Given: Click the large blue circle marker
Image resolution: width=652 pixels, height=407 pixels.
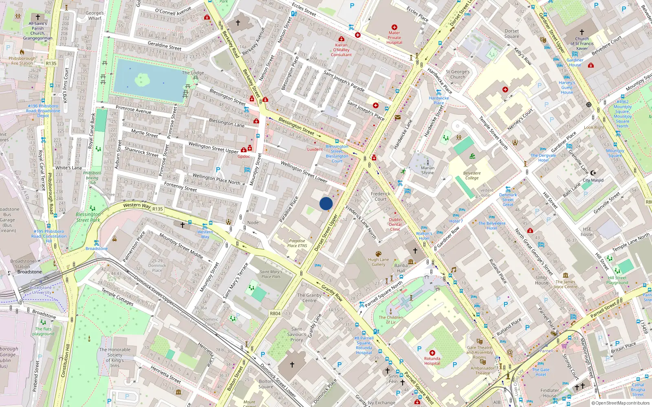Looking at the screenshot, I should pyautogui.click(x=326, y=203).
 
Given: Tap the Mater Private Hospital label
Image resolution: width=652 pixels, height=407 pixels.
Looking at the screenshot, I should pyautogui.click(x=394, y=37).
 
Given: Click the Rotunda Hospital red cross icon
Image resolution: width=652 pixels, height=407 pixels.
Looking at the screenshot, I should pyautogui.click(x=432, y=353).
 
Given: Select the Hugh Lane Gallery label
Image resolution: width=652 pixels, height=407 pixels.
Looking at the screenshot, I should pyautogui.click(x=378, y=262).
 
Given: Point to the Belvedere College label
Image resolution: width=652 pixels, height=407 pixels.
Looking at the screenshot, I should pyautogui.click(x=472, y=175).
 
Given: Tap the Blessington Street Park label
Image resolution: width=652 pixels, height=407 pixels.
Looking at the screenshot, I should pyautogui.click(x=88, y=217).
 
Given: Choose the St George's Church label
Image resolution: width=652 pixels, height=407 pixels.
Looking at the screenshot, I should pyautogui.click(x=458, y=74).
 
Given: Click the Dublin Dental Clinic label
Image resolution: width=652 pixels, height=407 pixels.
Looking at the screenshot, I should pyautogui.click(x=395, y=224).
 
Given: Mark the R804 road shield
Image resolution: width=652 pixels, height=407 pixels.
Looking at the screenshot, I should pyautogui.click(x=275, y=313).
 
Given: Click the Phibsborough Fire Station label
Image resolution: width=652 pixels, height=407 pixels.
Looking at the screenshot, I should pyautogui.click(x=22, y=61).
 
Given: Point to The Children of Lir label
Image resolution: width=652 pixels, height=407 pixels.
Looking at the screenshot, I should pyautogui.click(x=390, y=319).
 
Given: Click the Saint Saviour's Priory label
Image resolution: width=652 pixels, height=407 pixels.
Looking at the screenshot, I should pyautogui.click(x=297, y=334).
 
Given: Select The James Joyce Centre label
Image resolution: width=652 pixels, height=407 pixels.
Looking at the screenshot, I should pyautogui.click(x=565, y=284).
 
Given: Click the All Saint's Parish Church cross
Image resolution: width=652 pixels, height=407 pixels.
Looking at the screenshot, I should pyautogui.click(x=38, y=17).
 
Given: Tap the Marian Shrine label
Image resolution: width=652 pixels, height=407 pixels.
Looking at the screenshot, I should pyautogui.click(x=427, y=170).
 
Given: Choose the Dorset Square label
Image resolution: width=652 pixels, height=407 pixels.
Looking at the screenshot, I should pyautogui.click(x=512, y=33).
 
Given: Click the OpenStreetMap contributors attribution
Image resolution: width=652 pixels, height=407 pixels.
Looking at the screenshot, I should pyautogui.click(x=621, y=403).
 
